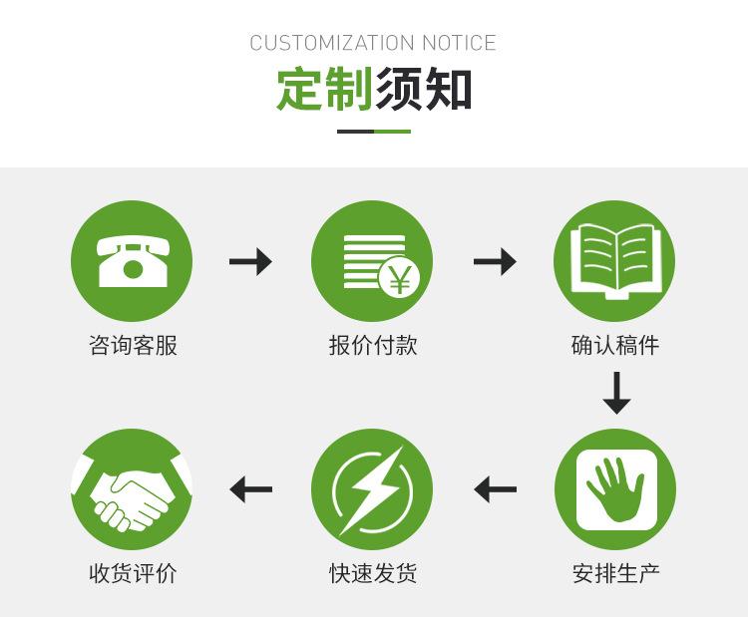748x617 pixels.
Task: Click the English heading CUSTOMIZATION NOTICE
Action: coord(373,43)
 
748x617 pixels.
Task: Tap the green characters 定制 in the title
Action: coord(324,89)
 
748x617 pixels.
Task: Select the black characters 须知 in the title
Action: coord(423,89)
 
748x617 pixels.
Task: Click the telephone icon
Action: coord(132,260)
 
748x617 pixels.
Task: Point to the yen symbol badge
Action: coord(399,279)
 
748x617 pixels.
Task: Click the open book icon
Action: coord(614,260)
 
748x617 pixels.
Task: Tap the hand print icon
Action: coord(615,488)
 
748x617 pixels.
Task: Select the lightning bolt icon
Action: coord(372,489)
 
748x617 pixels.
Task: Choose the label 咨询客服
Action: coord(133,346)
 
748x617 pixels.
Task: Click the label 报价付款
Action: coord(372,346)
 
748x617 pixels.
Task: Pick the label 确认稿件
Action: coord(615,346)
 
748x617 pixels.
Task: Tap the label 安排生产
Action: coord(615,574)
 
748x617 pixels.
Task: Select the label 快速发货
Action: coord(372,574)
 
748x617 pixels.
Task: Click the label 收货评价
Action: coord(133,574)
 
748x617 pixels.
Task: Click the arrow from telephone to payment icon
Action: coord(250,262)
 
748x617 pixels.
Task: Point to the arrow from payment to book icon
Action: coord(495,262)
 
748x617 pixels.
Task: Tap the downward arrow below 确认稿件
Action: coord(616,393)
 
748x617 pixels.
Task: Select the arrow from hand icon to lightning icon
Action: coord(495,489)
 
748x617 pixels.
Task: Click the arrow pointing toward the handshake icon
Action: coord(250,489)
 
